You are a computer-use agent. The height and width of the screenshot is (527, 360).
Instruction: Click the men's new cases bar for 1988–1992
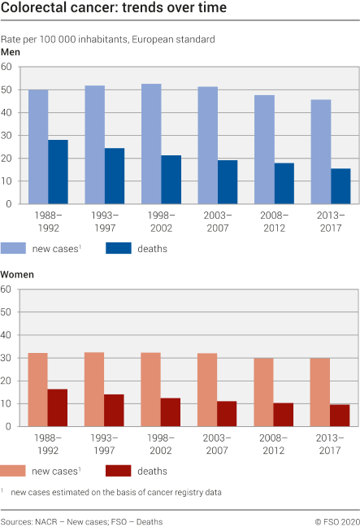[x=38, y=146]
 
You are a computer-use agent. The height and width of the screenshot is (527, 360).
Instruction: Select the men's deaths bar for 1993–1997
[x=115, y=176]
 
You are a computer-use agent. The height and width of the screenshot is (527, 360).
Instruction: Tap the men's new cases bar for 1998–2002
[x=151, y=144]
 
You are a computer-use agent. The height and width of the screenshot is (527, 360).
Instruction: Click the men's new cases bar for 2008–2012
[x=264, y=150]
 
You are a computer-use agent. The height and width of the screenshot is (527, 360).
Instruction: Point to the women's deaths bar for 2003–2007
[x=227, y=413]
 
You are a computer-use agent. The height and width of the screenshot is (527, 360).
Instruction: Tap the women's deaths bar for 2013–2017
[x=340, y=416]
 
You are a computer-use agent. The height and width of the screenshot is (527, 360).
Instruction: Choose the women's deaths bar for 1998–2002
[x=171, y=412]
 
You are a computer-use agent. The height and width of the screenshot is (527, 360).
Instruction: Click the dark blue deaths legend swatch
[x=119, y=248]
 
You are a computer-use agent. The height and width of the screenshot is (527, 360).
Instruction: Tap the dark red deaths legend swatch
[x=119, y=470]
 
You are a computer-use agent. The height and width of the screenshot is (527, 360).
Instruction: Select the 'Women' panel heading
[x=17, y=275]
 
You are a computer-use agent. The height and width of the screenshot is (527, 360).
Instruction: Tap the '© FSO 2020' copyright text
[x=336, y=519]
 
